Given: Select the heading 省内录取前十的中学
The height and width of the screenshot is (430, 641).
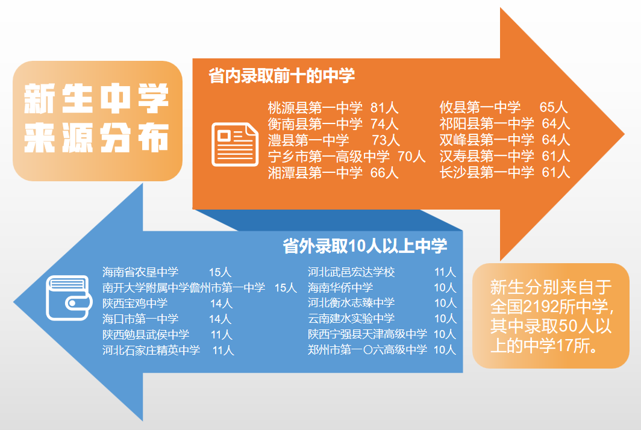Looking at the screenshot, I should click(x=281, y=76).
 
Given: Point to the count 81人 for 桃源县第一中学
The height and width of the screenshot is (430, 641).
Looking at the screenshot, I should click(x=384, y=108).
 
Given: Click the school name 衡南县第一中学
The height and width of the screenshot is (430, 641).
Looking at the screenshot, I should click(x=315, y=125).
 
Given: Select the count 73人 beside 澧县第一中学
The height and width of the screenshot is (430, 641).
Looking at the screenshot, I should click(x=386, y=141).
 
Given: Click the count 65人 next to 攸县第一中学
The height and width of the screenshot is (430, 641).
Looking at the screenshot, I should click(x=554, y=108).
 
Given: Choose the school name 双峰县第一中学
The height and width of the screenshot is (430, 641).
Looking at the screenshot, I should click(x=487, y=141).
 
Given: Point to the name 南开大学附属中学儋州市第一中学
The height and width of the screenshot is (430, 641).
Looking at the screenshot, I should click(x=184, y=288).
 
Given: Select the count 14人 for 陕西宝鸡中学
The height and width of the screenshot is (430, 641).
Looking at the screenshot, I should click(x=221, y=304).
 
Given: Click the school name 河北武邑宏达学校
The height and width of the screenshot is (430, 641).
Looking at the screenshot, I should click(x=351, y=272).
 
